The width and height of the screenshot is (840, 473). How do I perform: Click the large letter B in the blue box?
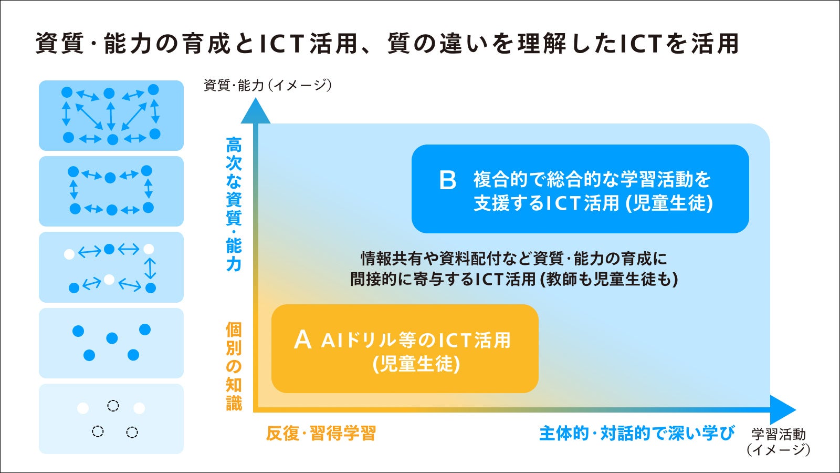click(x=447, y=180)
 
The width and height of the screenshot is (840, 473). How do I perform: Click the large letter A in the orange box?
click(x=302, y=340)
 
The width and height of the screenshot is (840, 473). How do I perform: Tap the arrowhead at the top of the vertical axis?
click(x=255, y=111)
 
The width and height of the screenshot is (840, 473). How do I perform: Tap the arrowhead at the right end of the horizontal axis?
click(x=783, y=409)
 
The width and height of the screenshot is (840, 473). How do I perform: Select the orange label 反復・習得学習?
click(x=321, y=434)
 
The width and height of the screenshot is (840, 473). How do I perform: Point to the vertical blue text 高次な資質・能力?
click(x=234, y=204)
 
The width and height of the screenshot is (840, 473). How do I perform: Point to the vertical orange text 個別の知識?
click(x=234, y=366)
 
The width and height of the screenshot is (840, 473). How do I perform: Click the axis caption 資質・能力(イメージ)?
click(x=268, y=85)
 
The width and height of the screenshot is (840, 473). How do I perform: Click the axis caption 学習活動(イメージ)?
click(x=779, y=442)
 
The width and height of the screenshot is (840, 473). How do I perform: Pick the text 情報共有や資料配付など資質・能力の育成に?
click(x=514, y=259)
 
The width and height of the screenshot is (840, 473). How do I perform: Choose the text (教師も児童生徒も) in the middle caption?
click(x=608, y=279)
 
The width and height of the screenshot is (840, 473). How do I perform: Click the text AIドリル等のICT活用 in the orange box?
click(x=416, y=341)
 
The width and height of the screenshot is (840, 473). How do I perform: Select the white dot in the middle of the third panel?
click(x=109, y=280)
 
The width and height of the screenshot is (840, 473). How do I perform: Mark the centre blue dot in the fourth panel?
click(x=112, y=338)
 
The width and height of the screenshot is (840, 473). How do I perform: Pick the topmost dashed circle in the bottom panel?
click(x=113, y=406)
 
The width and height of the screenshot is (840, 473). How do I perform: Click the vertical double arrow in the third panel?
click(x=150, y=269)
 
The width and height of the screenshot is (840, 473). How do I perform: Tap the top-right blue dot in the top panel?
click(x=153, y=90)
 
